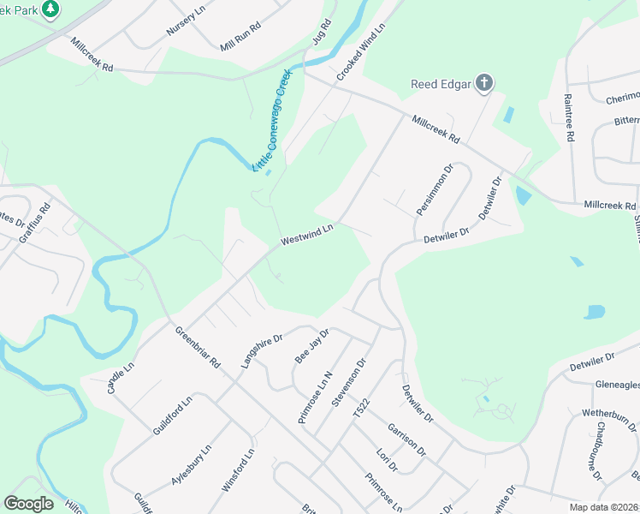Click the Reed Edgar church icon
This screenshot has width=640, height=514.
point(484,84)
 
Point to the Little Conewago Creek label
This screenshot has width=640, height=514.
point(273,120)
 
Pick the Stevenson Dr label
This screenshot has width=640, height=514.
point(349,386)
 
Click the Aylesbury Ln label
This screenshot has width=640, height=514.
point(191,466)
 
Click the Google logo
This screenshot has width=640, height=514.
point(28,504)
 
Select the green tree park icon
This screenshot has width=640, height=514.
point(50,9)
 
